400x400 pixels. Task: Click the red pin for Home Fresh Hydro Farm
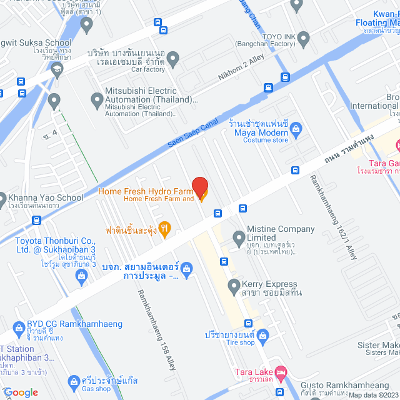pyautogui.click(x=200, y=187)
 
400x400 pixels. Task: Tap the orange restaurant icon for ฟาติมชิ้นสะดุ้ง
pyautogui.click(x=165, y=229)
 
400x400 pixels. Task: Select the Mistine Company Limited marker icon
pyautogui.click(x=239, y=237)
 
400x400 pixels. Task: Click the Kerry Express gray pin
pyautogui.click(x=234, y=287)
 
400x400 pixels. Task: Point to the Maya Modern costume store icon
pyautogui.click(x=296, y=131)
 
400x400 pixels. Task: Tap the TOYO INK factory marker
pyautogui.click(x=304, y=39)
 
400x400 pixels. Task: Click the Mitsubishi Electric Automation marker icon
pyautogui.click(x=97, y=99)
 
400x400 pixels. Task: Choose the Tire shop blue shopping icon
pyautogui.click(x=263, y=336)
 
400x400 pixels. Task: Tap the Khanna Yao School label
pyautogui.click(x=46, y=197)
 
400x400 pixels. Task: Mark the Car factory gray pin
pyautogui.click(x=174, y=59)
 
